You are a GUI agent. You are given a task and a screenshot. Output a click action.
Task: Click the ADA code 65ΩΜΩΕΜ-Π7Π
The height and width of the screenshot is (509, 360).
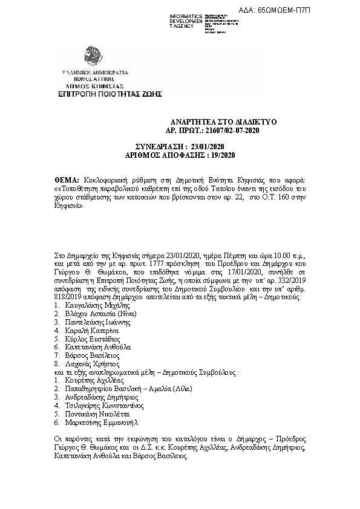click(x=319, y=10)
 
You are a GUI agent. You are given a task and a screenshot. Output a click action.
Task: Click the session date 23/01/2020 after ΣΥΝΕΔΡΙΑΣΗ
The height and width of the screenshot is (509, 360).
click(x=207, y=147)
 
